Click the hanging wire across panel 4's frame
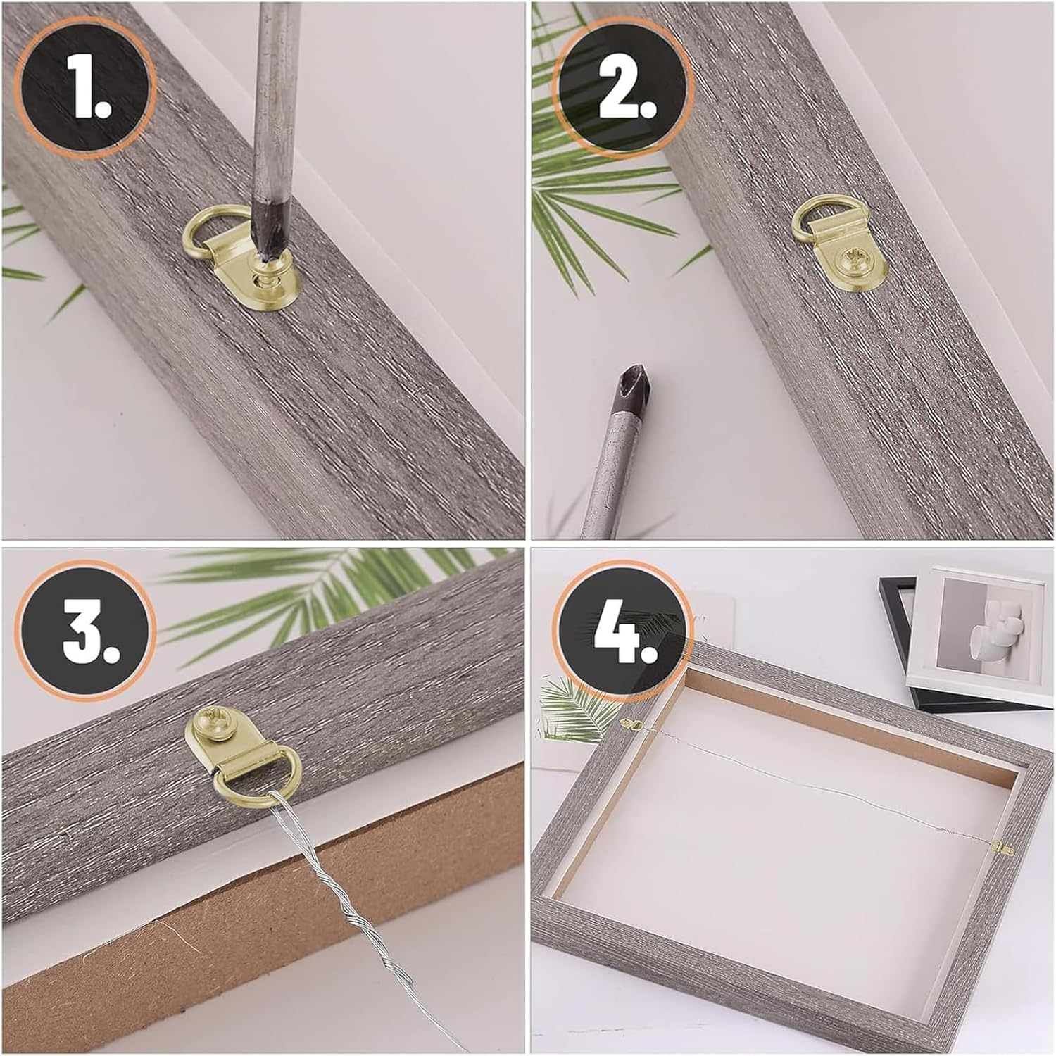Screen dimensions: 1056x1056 tap(810, 781)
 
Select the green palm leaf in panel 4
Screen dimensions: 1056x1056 tap(570, 704)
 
